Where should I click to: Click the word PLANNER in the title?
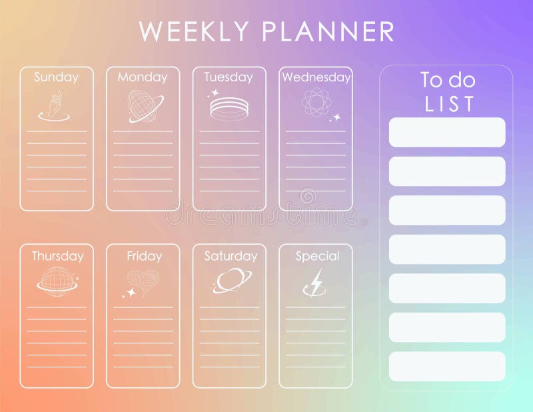(328, 32)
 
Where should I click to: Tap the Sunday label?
(56, 77)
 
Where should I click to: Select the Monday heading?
(143, 77)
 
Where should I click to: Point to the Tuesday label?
(229, 77)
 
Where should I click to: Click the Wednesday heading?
(316, 77)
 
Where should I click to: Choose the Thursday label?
(57, 256)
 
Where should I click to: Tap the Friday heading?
(144, 256)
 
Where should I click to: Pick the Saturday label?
(230, 256)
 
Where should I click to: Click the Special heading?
(317, 256)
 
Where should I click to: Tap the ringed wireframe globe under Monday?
(145, 105)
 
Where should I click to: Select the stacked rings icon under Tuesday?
(229, 108)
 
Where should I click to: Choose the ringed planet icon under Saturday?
(232, 280)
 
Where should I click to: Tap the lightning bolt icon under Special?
(316, 282)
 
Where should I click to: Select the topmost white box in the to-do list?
(447, 132)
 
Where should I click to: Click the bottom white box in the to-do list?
(447, 367)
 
